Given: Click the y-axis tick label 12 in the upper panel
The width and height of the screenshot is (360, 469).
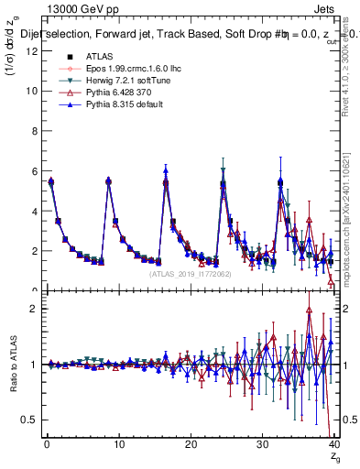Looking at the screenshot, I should pos(30,51).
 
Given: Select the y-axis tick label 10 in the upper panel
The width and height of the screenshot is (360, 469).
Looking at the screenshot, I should pos(30,92).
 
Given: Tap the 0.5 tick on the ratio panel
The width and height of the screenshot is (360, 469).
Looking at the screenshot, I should pos(28,420).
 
